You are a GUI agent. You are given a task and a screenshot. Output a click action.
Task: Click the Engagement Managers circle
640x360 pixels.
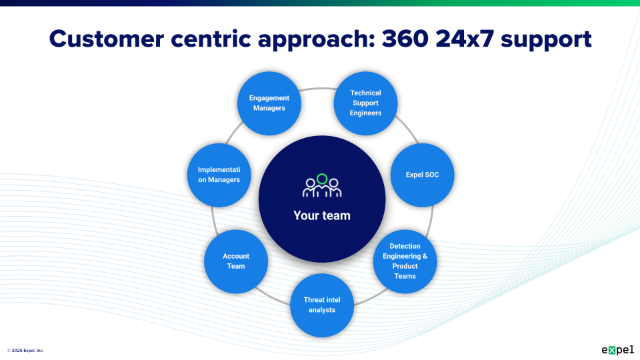[x=269, y=103]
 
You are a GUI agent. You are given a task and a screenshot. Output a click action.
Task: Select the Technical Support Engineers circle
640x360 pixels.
[x=365, y=103]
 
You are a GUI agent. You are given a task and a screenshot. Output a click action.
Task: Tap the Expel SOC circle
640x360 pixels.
[x=422, y=175]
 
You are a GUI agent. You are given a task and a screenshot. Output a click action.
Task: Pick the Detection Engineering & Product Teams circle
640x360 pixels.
[x=405, y=261]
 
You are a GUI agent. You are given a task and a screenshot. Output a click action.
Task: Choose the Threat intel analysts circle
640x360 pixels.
[x=322, y=305]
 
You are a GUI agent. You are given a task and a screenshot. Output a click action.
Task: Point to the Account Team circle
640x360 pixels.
[x=236, y=261]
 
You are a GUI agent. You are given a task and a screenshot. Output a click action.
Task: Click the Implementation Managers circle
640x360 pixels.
[x=219, y=175]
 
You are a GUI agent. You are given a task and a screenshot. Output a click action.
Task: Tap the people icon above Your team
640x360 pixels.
[x=322, y=186]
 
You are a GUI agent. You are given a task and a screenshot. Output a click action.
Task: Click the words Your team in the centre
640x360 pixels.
[x=322, y=215]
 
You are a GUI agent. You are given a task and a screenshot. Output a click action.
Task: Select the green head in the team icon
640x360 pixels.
[x=322, y=179]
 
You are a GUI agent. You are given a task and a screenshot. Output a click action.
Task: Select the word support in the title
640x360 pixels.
[x=546, y=39]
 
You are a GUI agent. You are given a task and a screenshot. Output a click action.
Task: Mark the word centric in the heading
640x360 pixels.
[x=207, y=39]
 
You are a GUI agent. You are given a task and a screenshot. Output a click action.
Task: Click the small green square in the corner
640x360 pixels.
[x=612, y=350]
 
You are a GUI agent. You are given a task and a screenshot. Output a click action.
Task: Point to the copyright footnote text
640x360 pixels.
[x=25, y=350]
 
